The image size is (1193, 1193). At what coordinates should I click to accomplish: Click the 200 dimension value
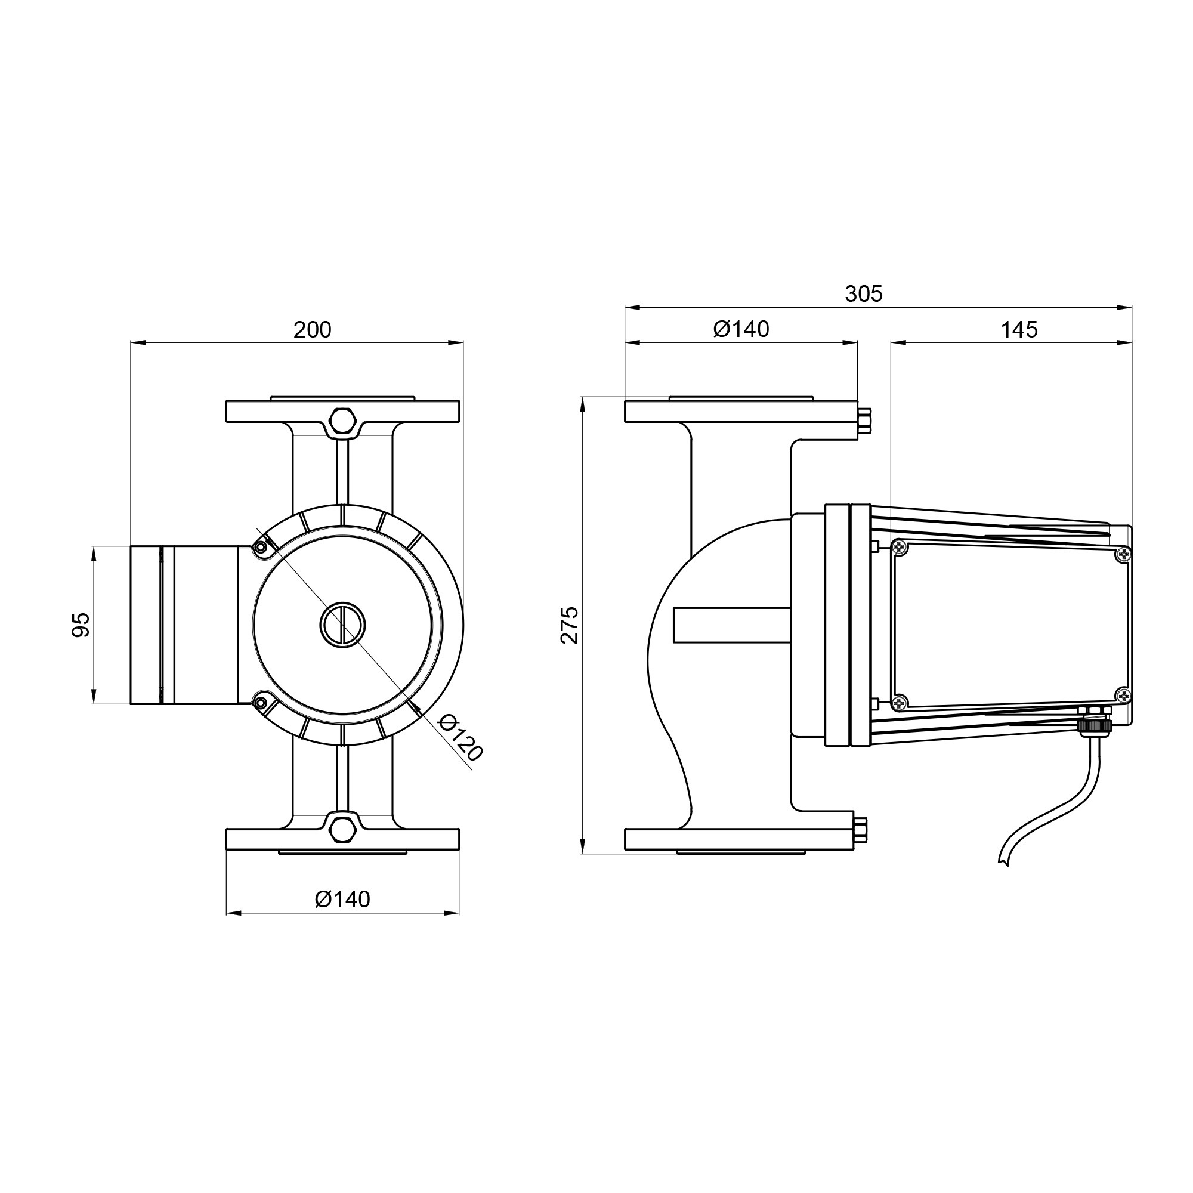(313, 330)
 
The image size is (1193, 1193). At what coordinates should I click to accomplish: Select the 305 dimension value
(864, 294)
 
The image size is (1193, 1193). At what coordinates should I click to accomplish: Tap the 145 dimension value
(1019, 330)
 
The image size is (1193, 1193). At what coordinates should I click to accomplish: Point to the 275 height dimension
(569, 625)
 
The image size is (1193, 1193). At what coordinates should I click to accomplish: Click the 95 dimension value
(81, 625)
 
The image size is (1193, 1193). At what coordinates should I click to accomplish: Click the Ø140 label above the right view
(741, 329)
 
